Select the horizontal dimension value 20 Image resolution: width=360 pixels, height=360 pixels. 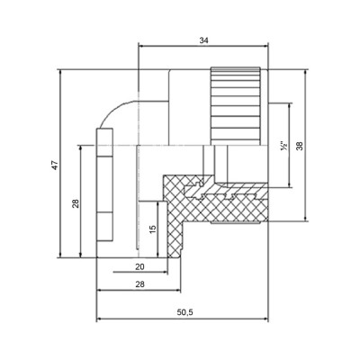[139, 268]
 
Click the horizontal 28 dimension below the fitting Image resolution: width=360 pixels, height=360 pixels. [139, 285]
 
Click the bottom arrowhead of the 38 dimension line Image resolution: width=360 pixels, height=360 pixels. [308, 219]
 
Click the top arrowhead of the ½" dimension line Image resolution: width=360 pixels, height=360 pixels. [290, 104]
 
